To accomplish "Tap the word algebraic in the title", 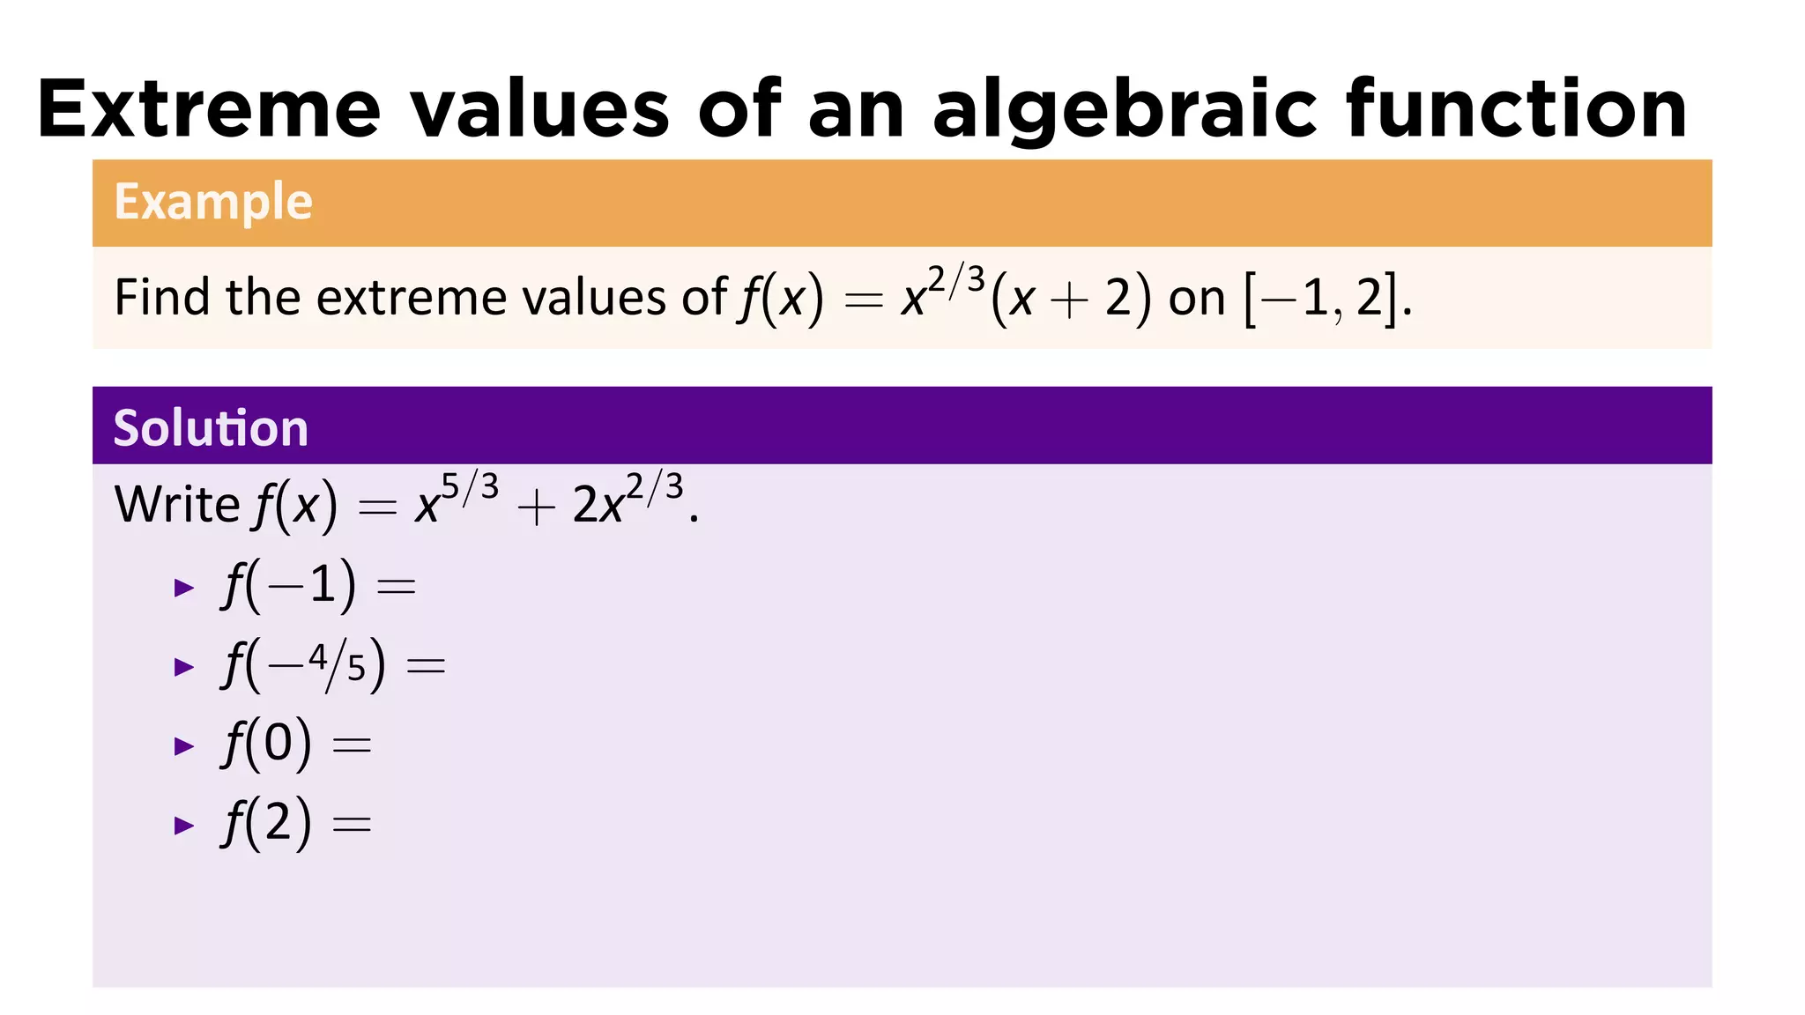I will (x=1124, y=111).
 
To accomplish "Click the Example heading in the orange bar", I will (x=213, y=202).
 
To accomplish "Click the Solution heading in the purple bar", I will (x=211, y=428).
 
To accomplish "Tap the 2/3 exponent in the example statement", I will (x=955, y=281).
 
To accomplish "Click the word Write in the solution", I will (x=176, y=505).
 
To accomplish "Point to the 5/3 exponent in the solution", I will (x=470, y=487).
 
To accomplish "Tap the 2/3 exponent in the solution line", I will (x=654, y=487).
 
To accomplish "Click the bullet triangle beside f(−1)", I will (x=184, y=588).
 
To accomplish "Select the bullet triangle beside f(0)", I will (x=184, y=746).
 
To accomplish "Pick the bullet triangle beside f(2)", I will (x=184, y=826).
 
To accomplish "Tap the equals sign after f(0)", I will (x=352, y=745).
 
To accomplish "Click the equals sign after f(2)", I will (x=352, y=825).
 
